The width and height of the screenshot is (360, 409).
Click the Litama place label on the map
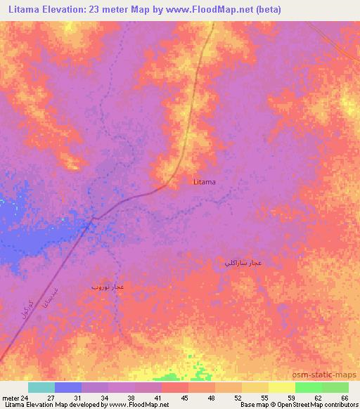(205, 182)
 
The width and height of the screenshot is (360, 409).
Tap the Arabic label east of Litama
(243, 263)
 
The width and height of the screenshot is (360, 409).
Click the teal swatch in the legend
(41, 387)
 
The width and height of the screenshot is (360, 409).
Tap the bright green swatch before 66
(308, 387)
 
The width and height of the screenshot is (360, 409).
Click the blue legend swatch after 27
(68, 387)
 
